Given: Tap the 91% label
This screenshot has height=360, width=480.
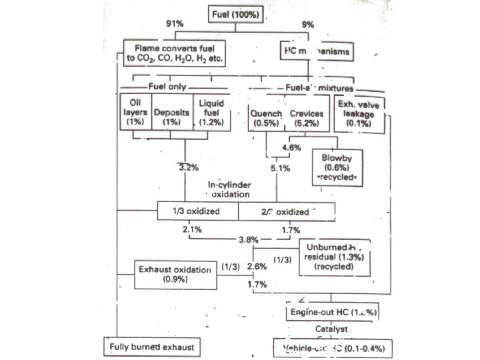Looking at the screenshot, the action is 175,24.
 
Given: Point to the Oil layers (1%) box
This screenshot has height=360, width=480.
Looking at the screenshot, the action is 135,113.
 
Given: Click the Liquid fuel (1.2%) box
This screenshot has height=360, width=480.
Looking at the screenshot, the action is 210,113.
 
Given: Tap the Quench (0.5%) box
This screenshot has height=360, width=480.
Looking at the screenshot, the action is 265,117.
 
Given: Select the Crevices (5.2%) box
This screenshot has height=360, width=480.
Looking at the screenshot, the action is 307,117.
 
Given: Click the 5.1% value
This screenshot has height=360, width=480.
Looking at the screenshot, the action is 280,169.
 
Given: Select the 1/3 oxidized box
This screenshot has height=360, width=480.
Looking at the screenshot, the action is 197,212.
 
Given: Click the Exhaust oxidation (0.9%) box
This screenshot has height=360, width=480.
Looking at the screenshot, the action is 174,275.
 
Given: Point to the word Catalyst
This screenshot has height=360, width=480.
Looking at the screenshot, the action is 332,329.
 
